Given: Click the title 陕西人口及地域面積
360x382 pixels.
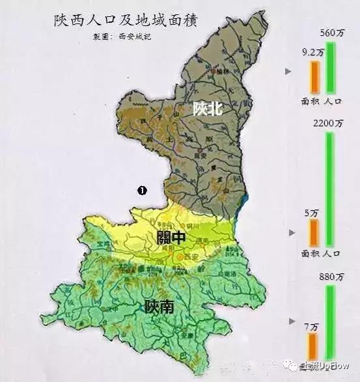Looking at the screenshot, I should coord(125,21).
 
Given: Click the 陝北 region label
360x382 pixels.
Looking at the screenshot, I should coord(208,109).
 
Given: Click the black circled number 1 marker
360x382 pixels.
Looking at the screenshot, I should coord(140,190).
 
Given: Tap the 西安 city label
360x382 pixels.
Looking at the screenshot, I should coord(190,258).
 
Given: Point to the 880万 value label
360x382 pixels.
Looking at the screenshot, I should coord(330,277).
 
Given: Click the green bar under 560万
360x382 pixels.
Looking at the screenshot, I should coord(331,67).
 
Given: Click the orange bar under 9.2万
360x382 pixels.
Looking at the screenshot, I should coord(314,76).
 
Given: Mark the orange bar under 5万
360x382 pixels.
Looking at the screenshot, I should coord(314,232).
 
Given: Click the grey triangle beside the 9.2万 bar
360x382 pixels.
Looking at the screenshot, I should coord(288,72).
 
